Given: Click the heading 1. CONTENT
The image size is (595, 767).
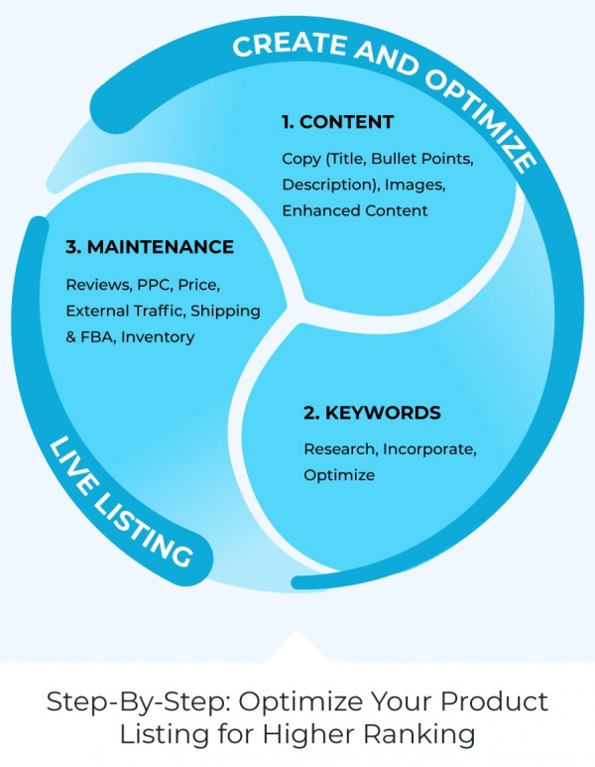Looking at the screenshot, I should coord(337,123).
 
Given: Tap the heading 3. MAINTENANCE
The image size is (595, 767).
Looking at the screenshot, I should coord(150,247).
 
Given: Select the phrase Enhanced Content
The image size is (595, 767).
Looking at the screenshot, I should coord(354,210).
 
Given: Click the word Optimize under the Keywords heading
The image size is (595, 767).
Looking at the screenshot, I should coord(339,475).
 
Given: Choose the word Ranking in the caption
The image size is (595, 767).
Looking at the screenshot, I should coord(426,735).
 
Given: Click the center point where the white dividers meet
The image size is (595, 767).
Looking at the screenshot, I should coord(296,301).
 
